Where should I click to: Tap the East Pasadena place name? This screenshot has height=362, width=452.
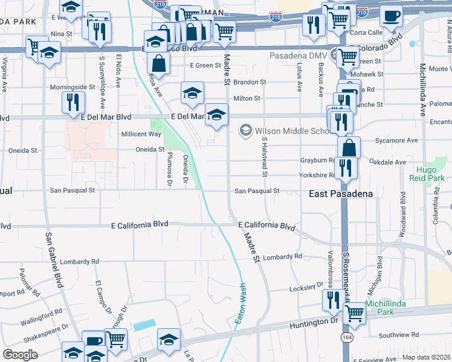pyautogui.click(x=340, y=194)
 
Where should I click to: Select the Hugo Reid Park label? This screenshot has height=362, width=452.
pyautogui.click(x=430, y=174)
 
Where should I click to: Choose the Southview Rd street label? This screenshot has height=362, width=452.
pyautogui.click(x=398, y=335)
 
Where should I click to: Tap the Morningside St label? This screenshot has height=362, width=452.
pyautogui.click(x=73, y=87)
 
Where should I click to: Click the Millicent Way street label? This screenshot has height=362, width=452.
pyautogui.click(x=141, y=134)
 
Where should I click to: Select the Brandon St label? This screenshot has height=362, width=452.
pyautogui.click(x=250, y=81)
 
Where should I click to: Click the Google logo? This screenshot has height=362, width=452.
pyautogui.click(x=20, y=355)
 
